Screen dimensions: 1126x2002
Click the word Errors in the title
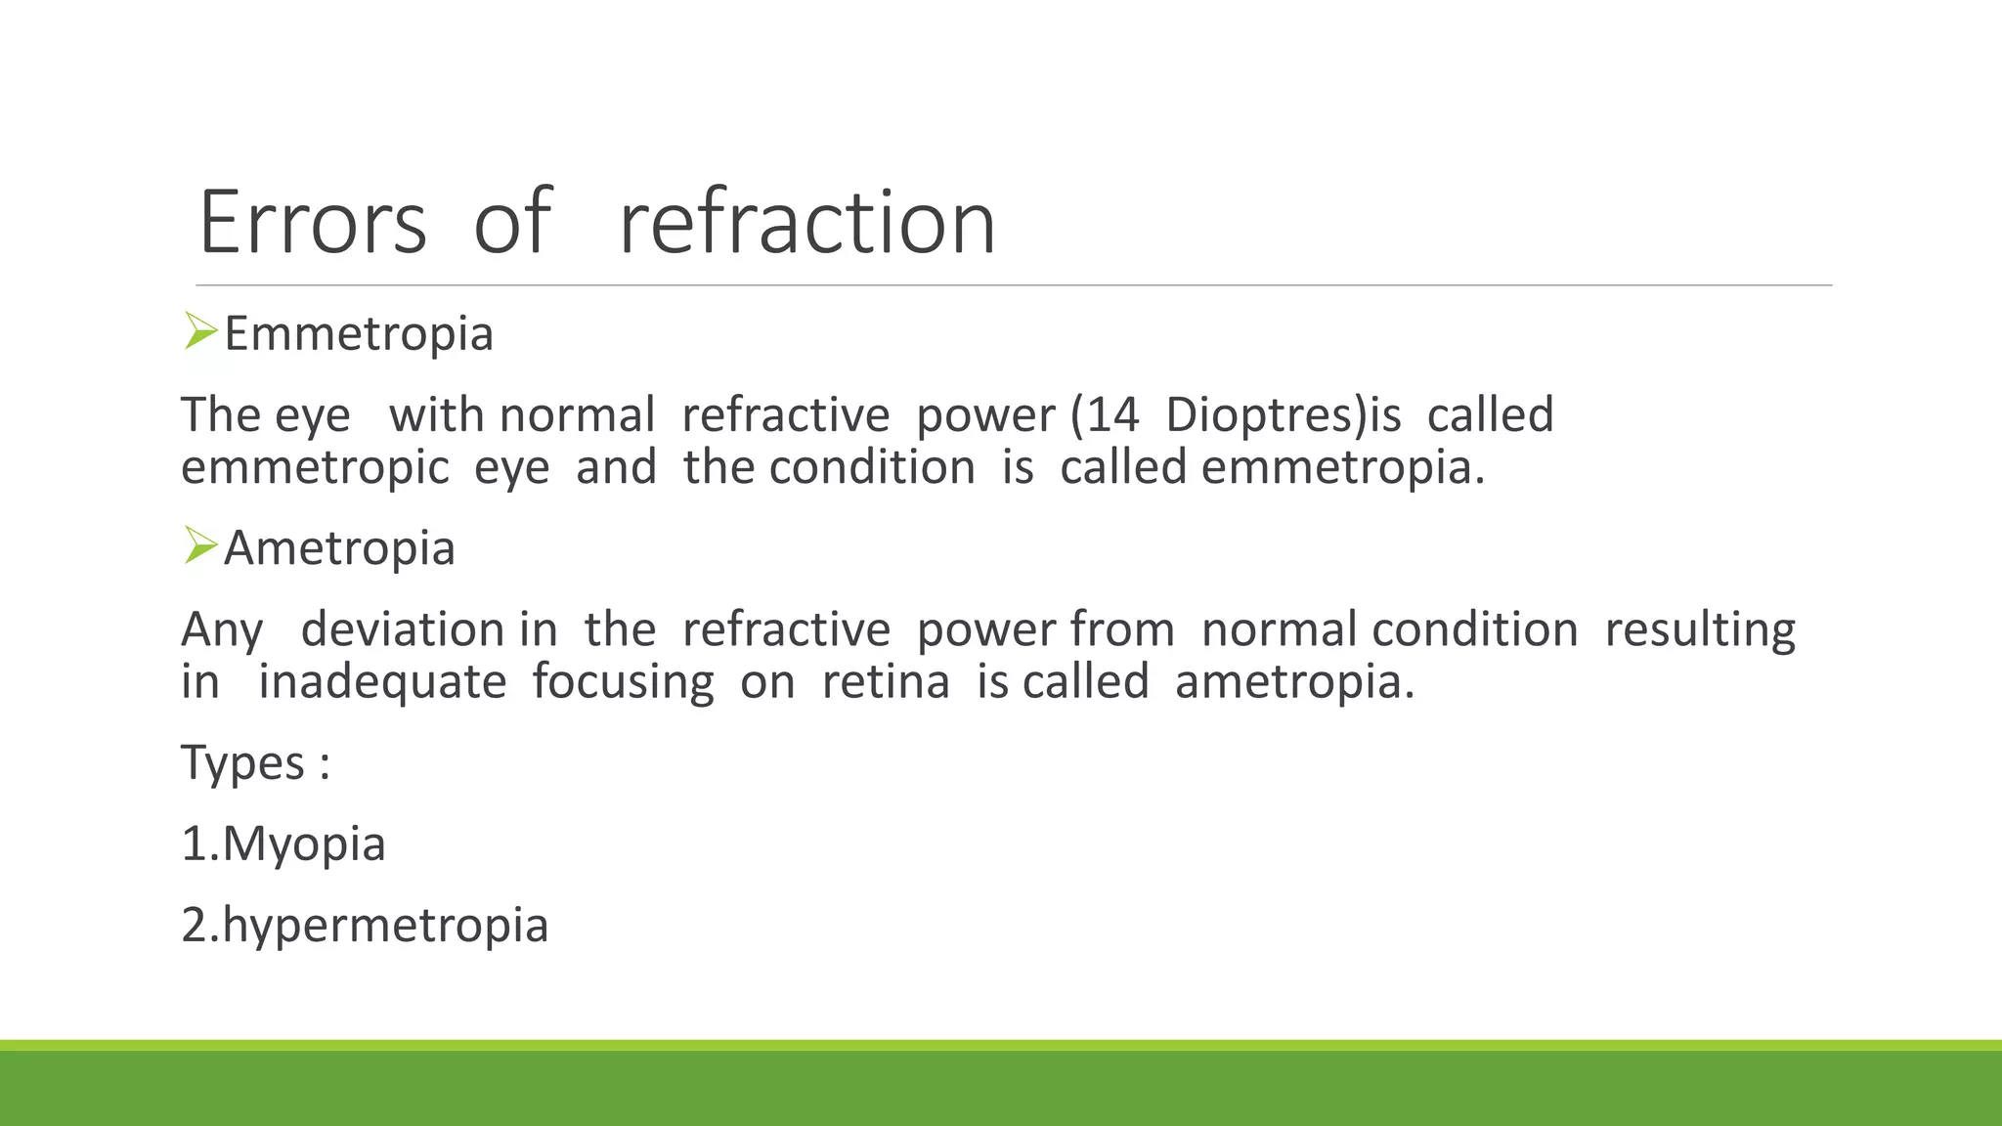click(x=313, y=223)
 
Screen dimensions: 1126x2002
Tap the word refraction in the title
click(x=807, y=223)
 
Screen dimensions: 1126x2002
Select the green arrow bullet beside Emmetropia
click(x=200, y=332)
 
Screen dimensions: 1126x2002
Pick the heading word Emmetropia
click(x=359, y=334)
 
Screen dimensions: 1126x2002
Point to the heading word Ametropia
click(x=339, y=547)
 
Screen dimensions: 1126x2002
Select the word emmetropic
click(x=315, y=468)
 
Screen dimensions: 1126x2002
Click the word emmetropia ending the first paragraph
click(x=1341, y=467)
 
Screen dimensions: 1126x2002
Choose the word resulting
click(x=1700, y=628)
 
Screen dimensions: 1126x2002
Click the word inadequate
click(x=382, y=681)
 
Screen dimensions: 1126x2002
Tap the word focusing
click(x=623, y=682)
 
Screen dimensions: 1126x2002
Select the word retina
click(x=886, y=681)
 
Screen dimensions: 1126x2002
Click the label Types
click(x=243, y=762)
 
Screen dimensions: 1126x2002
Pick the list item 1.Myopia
click(x=283, y=844)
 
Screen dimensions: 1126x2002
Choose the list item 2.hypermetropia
click(x=365, y=925)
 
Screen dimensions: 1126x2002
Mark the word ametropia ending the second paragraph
click(x=1293, y=682)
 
